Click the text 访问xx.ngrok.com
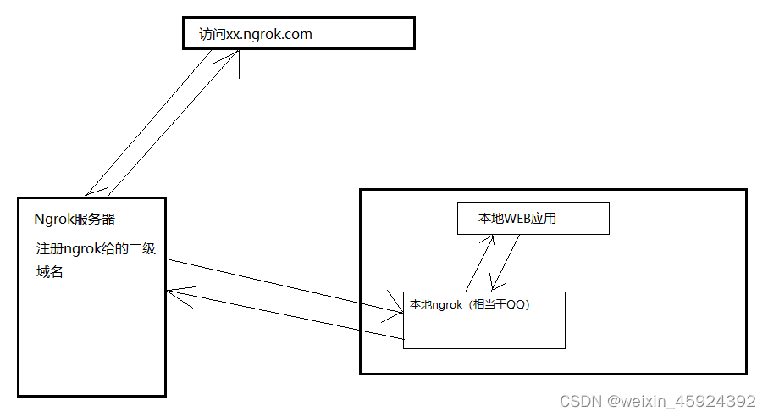[x=256, y=34]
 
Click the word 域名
[x=50, y=272]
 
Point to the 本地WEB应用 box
[x=533, y=219]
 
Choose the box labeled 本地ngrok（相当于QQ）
[x=483, y=320]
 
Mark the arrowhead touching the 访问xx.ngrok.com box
[x=236, y=54]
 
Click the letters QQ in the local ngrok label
[x=517, y=305]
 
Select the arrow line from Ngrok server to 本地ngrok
[x=284, y=286]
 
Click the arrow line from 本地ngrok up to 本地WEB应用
[x=478, y=264]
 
